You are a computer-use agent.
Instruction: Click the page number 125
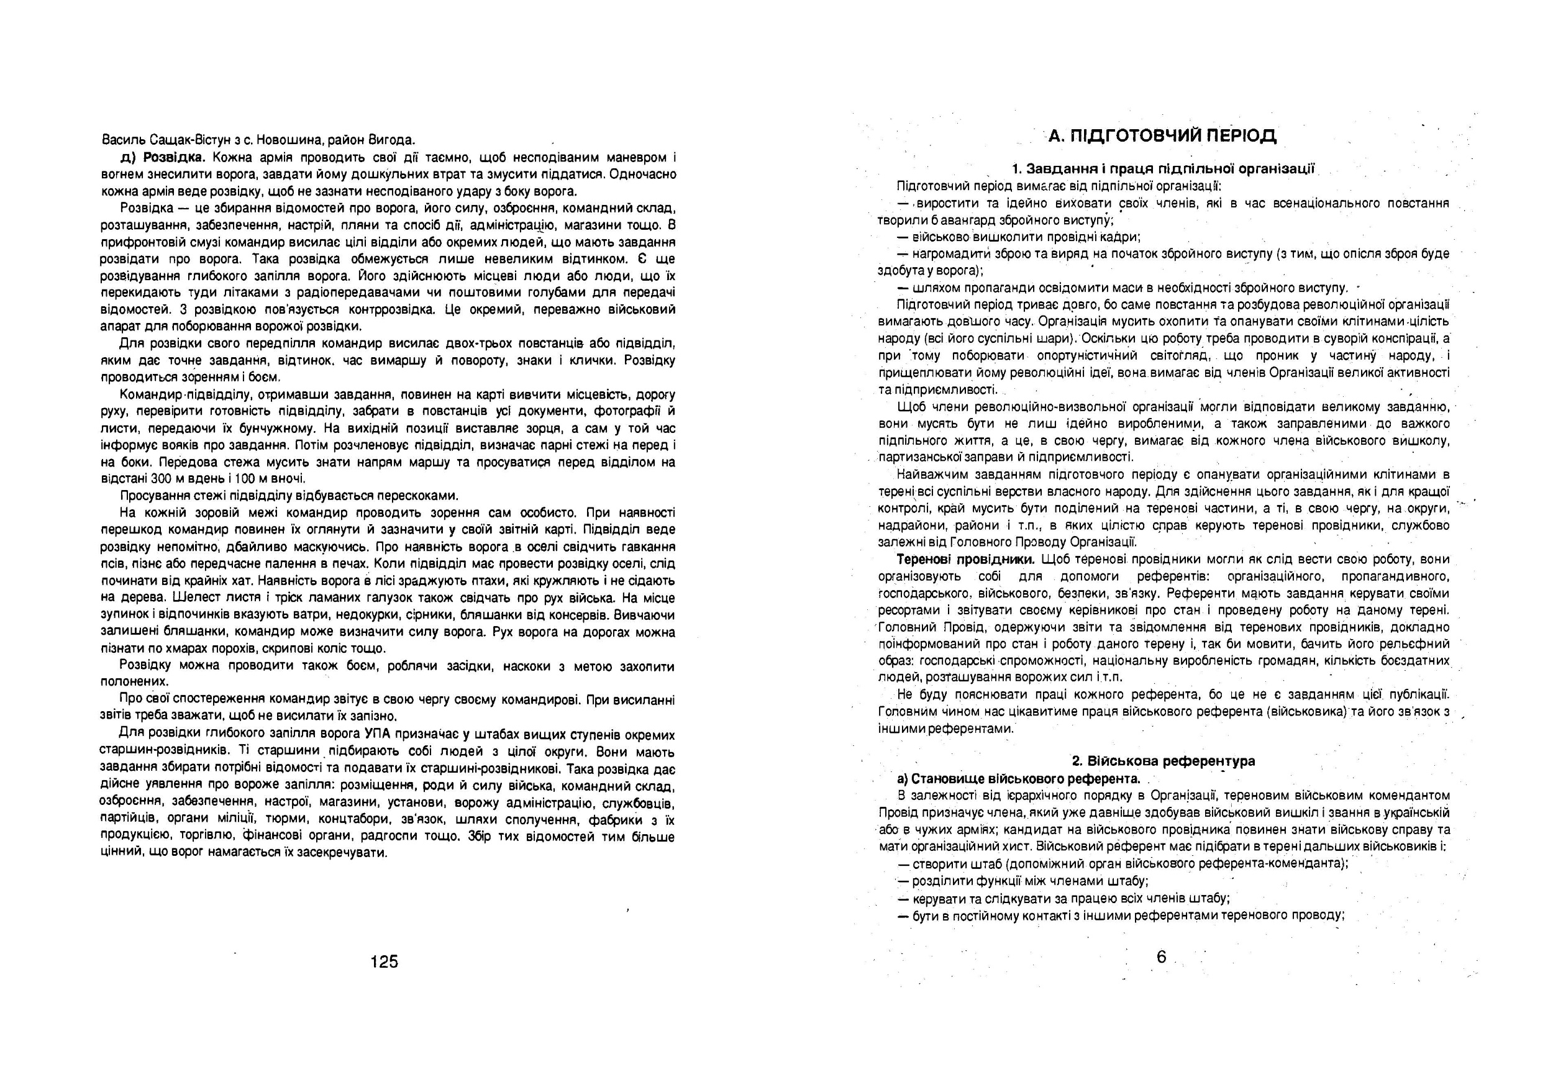384,961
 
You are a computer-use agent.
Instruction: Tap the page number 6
1161,957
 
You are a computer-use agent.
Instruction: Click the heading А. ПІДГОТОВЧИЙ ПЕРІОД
1162,136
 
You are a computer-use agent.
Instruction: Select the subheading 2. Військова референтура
1164,761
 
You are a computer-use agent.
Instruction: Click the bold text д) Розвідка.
163,158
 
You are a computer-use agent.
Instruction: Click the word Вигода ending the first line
391,140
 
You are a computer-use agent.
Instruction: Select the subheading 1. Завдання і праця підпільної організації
1164,169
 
